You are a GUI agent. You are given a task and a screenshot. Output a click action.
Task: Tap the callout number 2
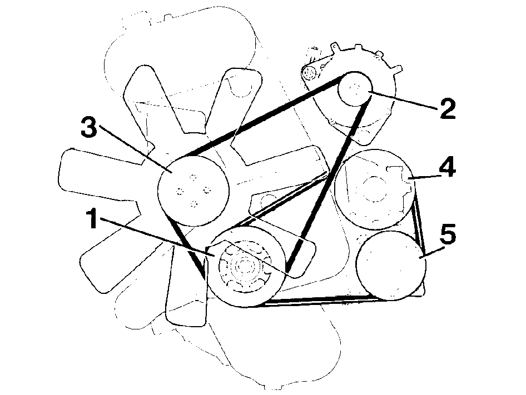coord(448,109)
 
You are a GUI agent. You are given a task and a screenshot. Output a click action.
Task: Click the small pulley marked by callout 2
coord(355,89)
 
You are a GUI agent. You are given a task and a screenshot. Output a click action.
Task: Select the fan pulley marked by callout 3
coord(193,190)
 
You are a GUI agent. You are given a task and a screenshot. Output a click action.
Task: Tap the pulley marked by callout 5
coord(391,265)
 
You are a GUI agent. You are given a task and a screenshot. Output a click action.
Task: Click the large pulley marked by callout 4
coord(375,189)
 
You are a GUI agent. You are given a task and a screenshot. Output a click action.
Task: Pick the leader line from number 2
coord(404,100)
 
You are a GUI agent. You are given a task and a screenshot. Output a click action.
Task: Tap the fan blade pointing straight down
coord(186,295)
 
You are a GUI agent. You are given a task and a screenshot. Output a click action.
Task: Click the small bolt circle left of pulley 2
coord(308,72)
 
